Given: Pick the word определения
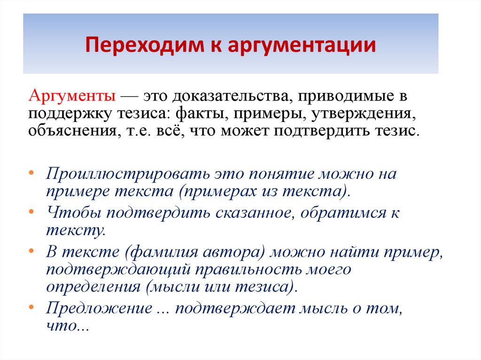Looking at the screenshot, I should (93, 286).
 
